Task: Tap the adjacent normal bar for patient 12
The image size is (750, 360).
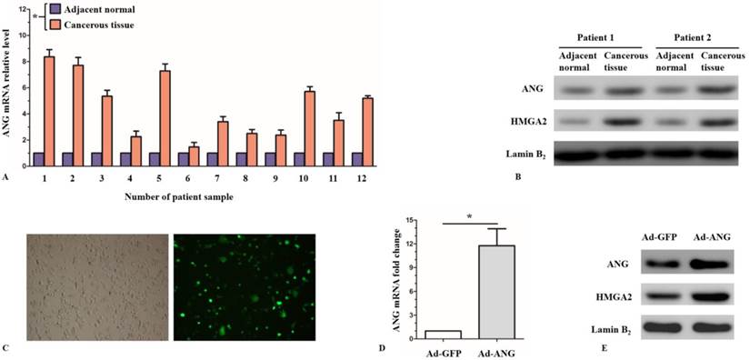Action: point(358,159)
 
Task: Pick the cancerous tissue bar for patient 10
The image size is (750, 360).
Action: point(310,128)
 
